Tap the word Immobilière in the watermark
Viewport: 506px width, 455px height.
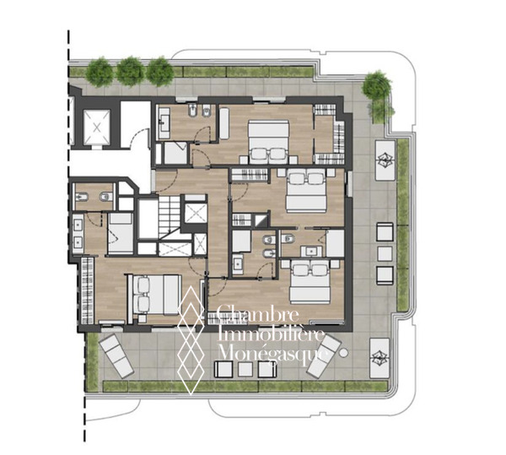[271, 333]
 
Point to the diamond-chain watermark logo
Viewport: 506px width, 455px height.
[191, 341]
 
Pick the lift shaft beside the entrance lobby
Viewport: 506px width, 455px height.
[97, 127]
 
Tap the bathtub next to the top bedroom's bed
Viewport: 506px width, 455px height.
[224, 123]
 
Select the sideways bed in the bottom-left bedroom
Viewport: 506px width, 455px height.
[153, 295]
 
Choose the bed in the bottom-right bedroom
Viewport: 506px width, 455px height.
[310, 282]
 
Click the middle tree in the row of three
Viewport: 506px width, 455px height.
[131, 72]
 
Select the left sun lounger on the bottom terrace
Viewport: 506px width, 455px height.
[116, 356]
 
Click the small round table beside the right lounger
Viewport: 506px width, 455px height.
[344, 353]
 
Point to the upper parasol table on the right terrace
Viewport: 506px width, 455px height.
[385, 160]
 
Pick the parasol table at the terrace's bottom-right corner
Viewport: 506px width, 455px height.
[379, 358]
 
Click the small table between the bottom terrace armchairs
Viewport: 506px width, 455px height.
[245, 370]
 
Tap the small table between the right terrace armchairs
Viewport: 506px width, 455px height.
[385, 253]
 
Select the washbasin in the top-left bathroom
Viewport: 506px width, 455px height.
[164, 123]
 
